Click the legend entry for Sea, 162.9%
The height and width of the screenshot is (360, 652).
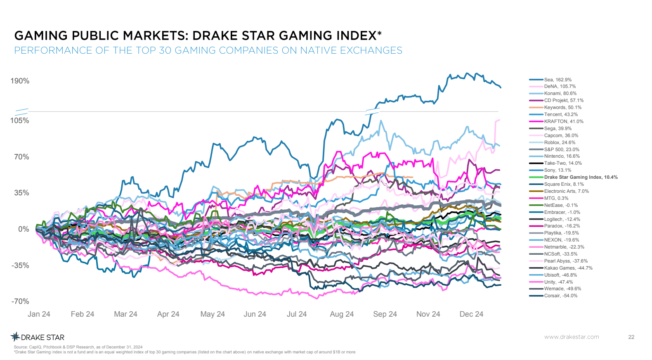[x=558, y=80]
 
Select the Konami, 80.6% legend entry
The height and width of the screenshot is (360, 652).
[x=560, y=93]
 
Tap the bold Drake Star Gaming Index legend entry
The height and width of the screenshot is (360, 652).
[x=581, y=177]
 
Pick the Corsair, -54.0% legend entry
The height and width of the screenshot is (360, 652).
[x=560, y=296]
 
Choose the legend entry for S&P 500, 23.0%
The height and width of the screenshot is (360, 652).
[x=561, y=149]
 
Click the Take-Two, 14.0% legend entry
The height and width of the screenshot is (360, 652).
[x=562, y=163]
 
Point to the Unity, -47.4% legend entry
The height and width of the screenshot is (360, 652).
[x=558, y=282]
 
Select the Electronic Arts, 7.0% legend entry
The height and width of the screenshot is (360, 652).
[x=566, y=191]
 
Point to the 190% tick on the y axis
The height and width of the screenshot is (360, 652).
[x=20, y=81]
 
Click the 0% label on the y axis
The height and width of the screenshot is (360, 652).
[x=24, y=229]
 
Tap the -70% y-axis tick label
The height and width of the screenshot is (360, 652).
[x=20, y=301]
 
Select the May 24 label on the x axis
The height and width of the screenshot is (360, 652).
[x=213, y=314]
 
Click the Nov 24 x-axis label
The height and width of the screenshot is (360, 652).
[x=428, y=314]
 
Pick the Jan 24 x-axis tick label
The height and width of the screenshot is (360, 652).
[x=39, y=314]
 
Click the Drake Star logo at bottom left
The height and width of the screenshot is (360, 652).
[x=38, y=337]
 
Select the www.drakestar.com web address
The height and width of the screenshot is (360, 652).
[x=572, y=337]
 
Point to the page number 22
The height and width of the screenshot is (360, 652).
[x=631, y=337]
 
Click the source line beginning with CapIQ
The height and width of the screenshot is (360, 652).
[x=78, y=347]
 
